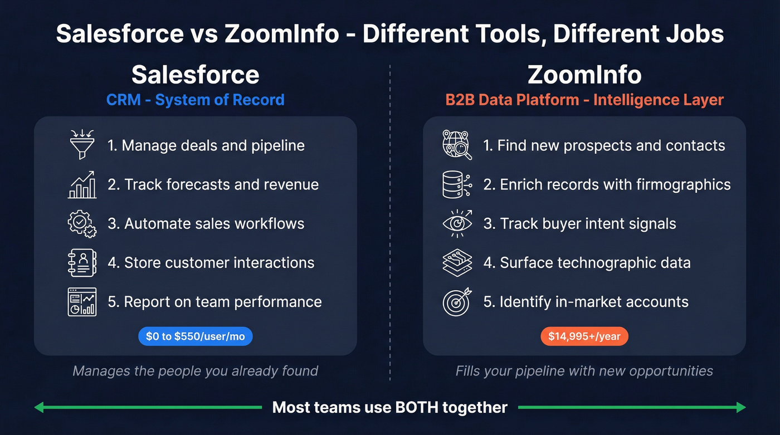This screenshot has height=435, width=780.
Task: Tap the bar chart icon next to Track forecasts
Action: [x=82, y=185]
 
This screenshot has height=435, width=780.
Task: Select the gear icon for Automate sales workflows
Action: [x=82, y=224]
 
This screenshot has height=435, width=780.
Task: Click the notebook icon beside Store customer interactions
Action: [x=82, y=263]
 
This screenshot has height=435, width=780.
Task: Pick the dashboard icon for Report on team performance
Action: [x=82, y=302]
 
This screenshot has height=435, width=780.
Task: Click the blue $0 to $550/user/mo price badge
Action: [x=195, y=336]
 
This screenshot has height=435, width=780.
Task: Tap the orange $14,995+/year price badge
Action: [x=584, y=336]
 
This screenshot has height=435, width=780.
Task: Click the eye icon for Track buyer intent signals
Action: [x=457, y=223]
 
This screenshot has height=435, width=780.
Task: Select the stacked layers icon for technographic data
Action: [x=457, y=263]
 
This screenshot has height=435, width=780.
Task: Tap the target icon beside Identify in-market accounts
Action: [x=457, y=302]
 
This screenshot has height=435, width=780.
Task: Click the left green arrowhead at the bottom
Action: [x=39, y=408]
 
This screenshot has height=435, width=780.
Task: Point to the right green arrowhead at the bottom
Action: [x=740, y=408]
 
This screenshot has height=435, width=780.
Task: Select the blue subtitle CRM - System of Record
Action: [x=195, y=100]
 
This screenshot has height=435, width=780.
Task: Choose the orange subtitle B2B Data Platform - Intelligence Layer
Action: [x=584, y=100]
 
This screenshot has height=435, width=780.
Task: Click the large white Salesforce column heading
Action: [x=195, y=75]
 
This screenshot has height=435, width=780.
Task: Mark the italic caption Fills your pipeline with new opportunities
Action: [x=584, y=371]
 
